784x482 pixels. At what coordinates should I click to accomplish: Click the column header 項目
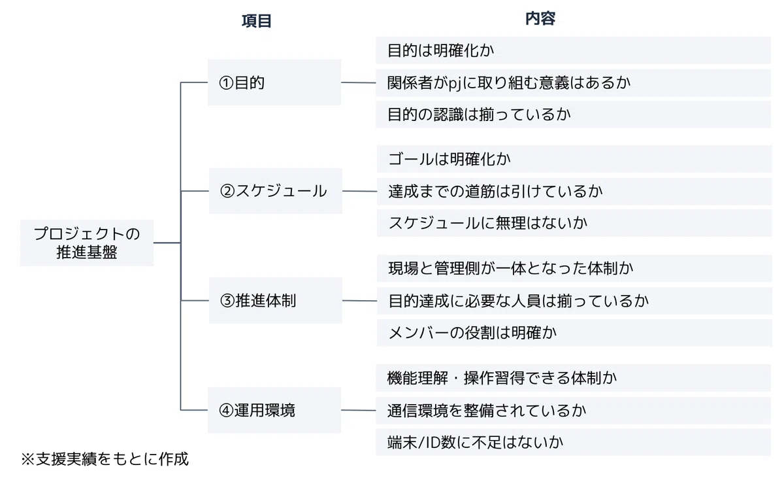point(257,21)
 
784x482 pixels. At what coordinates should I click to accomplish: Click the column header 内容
point(540,18)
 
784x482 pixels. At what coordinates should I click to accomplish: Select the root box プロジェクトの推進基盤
point(87,243)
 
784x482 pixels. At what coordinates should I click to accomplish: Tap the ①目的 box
point(274,82)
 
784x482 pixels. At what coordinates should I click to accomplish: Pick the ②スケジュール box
point(276,191)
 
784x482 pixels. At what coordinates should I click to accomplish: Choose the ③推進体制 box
point(276,301)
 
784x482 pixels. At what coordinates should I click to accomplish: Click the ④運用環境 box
point(274,410)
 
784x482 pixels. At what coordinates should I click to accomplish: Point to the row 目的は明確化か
point(574,50)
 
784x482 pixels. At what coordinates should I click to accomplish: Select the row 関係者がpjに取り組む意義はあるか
point(574,83)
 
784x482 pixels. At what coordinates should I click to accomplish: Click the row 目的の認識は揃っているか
point(574,114)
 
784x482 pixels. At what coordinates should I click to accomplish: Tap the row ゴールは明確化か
point(574,159)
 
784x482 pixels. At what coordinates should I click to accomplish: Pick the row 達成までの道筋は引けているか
point(574,192)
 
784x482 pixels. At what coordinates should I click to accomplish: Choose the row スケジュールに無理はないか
point(574,223)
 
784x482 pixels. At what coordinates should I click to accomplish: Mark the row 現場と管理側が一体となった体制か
point(574,269)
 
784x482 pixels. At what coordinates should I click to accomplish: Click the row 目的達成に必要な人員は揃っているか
point(574,301)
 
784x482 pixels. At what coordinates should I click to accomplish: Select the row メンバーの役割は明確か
point(574,333)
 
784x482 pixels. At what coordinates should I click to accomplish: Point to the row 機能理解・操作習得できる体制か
point(574,378)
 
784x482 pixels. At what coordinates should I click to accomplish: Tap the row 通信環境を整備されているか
point(574,411)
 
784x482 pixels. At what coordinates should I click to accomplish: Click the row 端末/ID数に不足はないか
point(574,442)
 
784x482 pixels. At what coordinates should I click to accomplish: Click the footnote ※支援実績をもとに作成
point(105,459)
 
